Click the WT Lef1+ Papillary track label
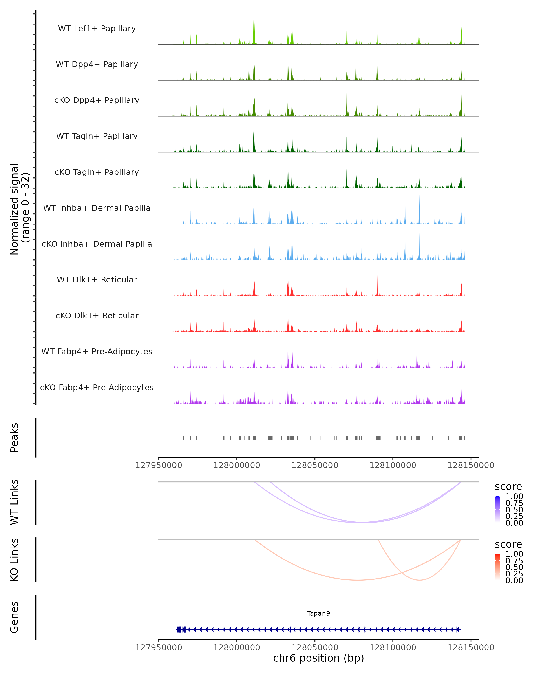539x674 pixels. click(97, 29)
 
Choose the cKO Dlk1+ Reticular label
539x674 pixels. click(97, 315)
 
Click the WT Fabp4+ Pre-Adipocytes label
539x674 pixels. click(97, 351)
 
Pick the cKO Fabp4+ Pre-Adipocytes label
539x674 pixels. click(97, 387)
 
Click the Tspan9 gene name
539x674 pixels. click(318, 613)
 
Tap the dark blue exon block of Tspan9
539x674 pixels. click(179, 629)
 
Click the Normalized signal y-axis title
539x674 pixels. click(19, 209)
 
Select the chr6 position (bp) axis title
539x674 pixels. click(318, 658)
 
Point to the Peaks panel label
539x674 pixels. click(14, 437)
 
